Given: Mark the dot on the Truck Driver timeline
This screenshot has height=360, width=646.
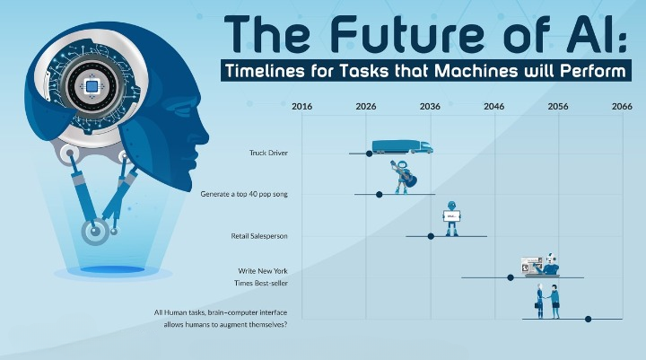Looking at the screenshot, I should click(x=369, y=154).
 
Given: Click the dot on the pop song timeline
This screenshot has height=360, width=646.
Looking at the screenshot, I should click(x=380, y=194).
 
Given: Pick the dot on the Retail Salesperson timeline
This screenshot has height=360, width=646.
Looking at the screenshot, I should click(x=431, y=236).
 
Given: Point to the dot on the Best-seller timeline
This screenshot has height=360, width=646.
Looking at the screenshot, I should click(x=511, y=277).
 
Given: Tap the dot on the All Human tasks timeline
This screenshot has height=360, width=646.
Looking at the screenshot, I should click(x=589, y=319).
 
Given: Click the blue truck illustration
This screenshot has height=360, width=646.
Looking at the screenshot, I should click(x=401, y=146).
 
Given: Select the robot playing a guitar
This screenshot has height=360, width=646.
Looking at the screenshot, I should click(x=403, y=174).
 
